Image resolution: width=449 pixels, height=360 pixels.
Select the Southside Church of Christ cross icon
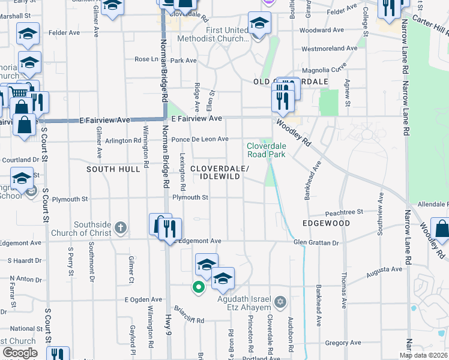(x=121, y=227)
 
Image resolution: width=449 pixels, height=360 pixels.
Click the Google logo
(x=20, y=353)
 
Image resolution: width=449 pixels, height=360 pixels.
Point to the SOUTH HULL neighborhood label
(x=113, y=170)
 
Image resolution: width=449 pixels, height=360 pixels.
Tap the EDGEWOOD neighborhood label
(x=326, y=223)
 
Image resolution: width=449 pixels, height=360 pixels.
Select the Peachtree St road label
(x=345, y=212)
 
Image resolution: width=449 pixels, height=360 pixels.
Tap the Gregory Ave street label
(x=343, y=343)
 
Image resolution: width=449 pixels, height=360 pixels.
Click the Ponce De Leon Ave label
(x=200, y=139)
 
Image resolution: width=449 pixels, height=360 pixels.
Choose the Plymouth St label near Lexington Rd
(x=190, y=197)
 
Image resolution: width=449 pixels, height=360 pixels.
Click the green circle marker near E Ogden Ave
(x=197, y=287)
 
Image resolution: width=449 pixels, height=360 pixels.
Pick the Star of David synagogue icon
(x=280, y=301)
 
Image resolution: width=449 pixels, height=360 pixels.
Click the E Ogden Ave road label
(x=143, y=299)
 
